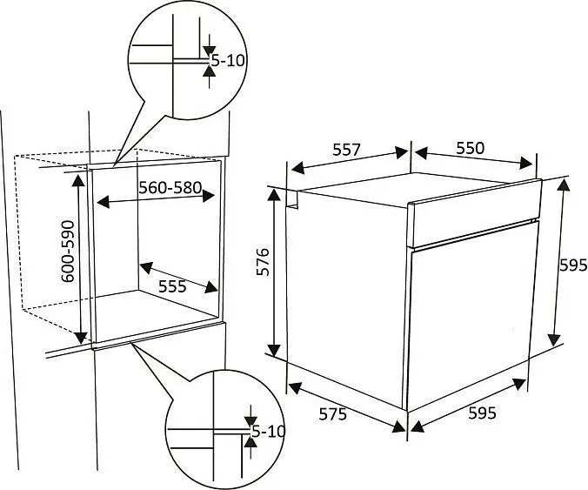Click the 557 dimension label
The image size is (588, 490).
[x=346, y=150]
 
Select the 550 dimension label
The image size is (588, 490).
[x=471, y=148]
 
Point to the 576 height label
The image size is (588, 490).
[x=263, y=262]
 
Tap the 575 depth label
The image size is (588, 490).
[x=332, y=414]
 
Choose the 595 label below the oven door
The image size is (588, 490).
[x=482, y=413]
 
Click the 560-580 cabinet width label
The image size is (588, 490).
[x=170, y=187]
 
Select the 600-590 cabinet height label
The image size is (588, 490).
[x=68, y=251]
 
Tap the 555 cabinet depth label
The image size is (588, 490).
[x=172, y=286]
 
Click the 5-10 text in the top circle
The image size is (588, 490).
[x=228, y=60]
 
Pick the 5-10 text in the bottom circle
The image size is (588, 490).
[x=268, y=432]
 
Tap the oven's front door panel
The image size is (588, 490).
[x=471, y=316]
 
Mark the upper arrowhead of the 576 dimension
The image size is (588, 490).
[x=274, y=195]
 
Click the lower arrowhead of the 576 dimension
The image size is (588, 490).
[x=274, y=350]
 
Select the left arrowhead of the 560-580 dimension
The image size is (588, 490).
[x=104, y=201]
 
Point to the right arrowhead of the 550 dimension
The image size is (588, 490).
[x=525, y=163]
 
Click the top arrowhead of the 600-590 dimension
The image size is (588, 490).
[x=78, y=181]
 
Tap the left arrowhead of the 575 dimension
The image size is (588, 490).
[x=296, y=388]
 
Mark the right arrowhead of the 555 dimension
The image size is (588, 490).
[x=212, y=287]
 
